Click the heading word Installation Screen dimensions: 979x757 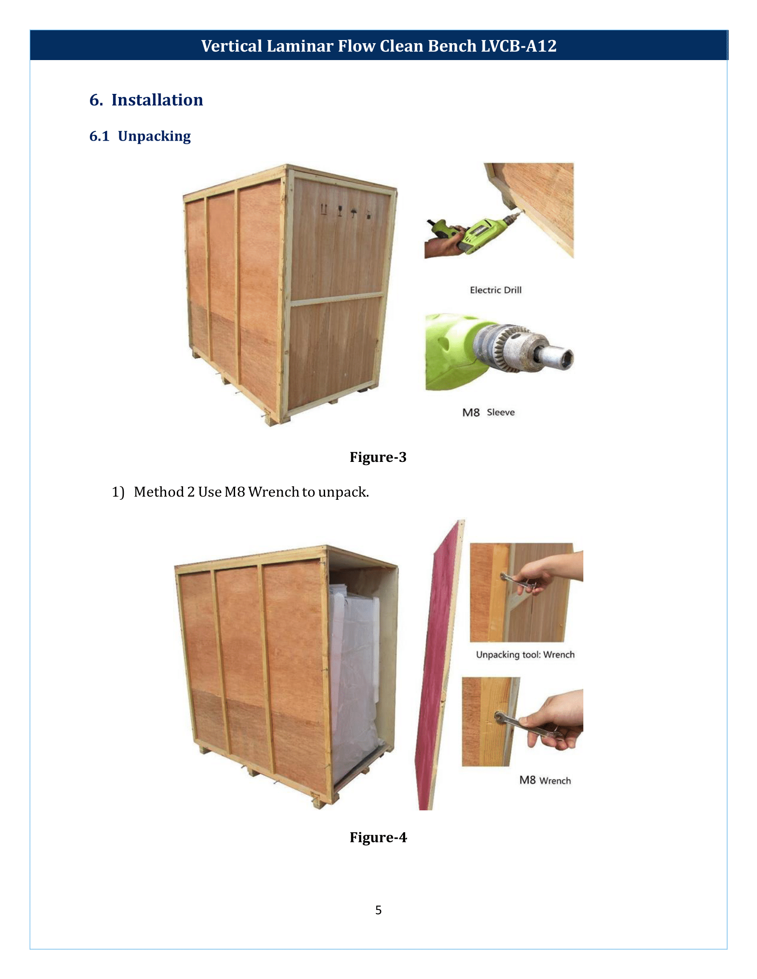point(157,100)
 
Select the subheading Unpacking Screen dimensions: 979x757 point(154,136)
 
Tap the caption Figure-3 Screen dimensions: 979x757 point(378,457)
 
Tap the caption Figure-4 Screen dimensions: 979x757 point(378,837)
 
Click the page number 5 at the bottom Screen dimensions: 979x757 point(378,910)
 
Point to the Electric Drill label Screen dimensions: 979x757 point(495,290)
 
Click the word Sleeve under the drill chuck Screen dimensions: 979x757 point(501,413)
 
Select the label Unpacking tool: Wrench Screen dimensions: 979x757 point(525,655)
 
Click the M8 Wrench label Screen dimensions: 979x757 point(545,781)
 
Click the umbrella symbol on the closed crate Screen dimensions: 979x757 point(354,212)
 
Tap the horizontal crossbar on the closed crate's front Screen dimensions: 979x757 point(336,299)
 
